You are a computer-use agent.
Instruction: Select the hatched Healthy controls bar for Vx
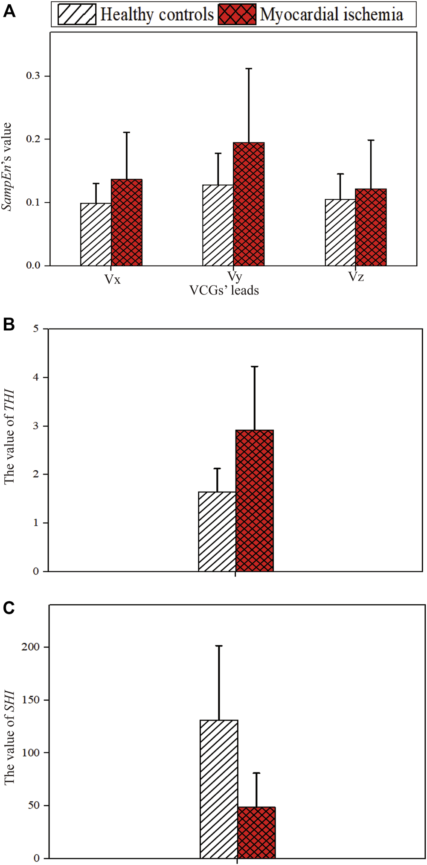tap(96, 234)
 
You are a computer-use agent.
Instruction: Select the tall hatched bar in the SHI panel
tap(219, 789)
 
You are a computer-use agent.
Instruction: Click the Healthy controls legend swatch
tap(77, 15)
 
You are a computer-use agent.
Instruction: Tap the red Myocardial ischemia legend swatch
tap(237, 15)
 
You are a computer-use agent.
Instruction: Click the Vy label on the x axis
tap(235, 276)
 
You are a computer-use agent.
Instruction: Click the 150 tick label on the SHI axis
tap(30, 700)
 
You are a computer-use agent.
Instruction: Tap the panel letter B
tap(9, 325)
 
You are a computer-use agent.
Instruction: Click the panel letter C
tap(9, 608)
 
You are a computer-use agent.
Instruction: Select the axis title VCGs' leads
tap(224, 291)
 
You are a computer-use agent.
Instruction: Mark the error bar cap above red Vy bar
tap(249, 68)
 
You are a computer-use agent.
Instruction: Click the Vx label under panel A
tap(112, 280)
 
